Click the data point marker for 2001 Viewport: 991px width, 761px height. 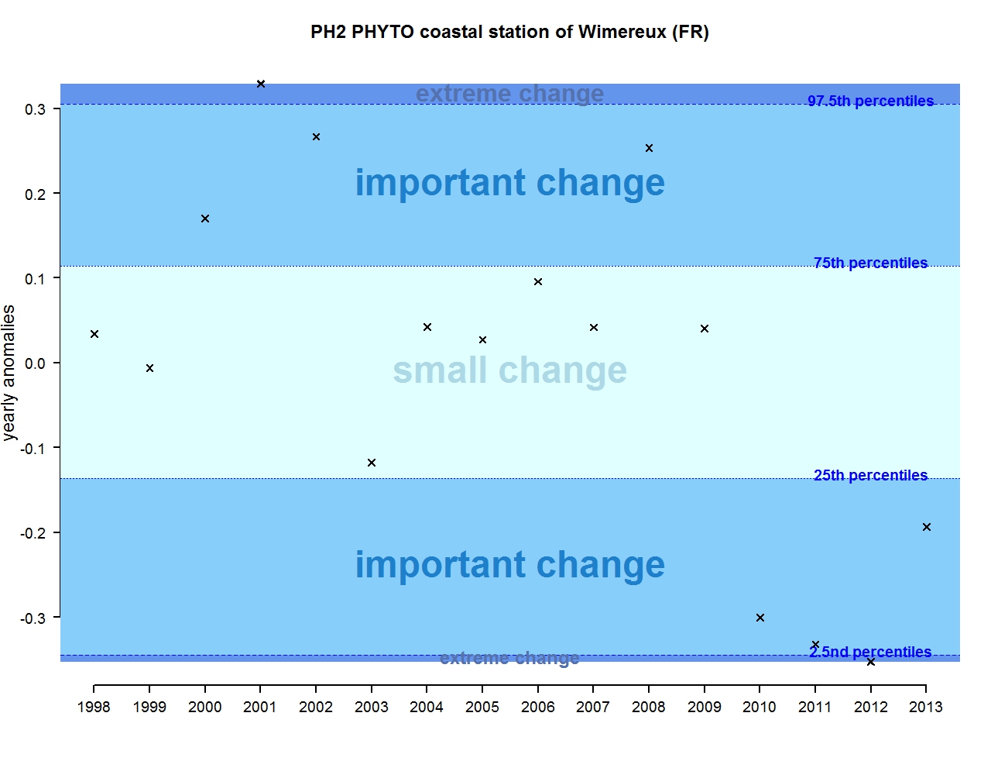(x=261, y=84)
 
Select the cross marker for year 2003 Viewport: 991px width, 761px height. (x=372, y=463)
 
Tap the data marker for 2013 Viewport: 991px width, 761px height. (x=927, y=527)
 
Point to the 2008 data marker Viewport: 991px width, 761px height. (x=650, y=148)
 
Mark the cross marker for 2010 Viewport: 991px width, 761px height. (x=760, y=618)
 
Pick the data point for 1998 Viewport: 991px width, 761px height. (x=94, y=334)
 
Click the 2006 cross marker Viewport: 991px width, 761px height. (x=538, y=282)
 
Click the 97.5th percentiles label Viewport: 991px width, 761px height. (x=870, y=101)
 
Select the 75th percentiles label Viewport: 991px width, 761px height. (x=870, y=263)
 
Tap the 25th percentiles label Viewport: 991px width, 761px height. (x=870, y=475)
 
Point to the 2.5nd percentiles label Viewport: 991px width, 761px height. (x=870, y=652)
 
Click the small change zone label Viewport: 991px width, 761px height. (x=509, y=370)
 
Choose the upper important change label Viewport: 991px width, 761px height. (x=509, y=183)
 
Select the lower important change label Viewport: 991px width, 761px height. (x=509, y=565)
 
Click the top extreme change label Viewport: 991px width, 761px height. (x=509, y=93)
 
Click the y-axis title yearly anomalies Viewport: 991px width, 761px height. (x=9, y=373)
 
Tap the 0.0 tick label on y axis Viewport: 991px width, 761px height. (x=36, y=363)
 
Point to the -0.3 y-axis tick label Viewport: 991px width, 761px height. (x=33, y=618)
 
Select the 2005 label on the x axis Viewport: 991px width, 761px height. (x=482, y=707)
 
